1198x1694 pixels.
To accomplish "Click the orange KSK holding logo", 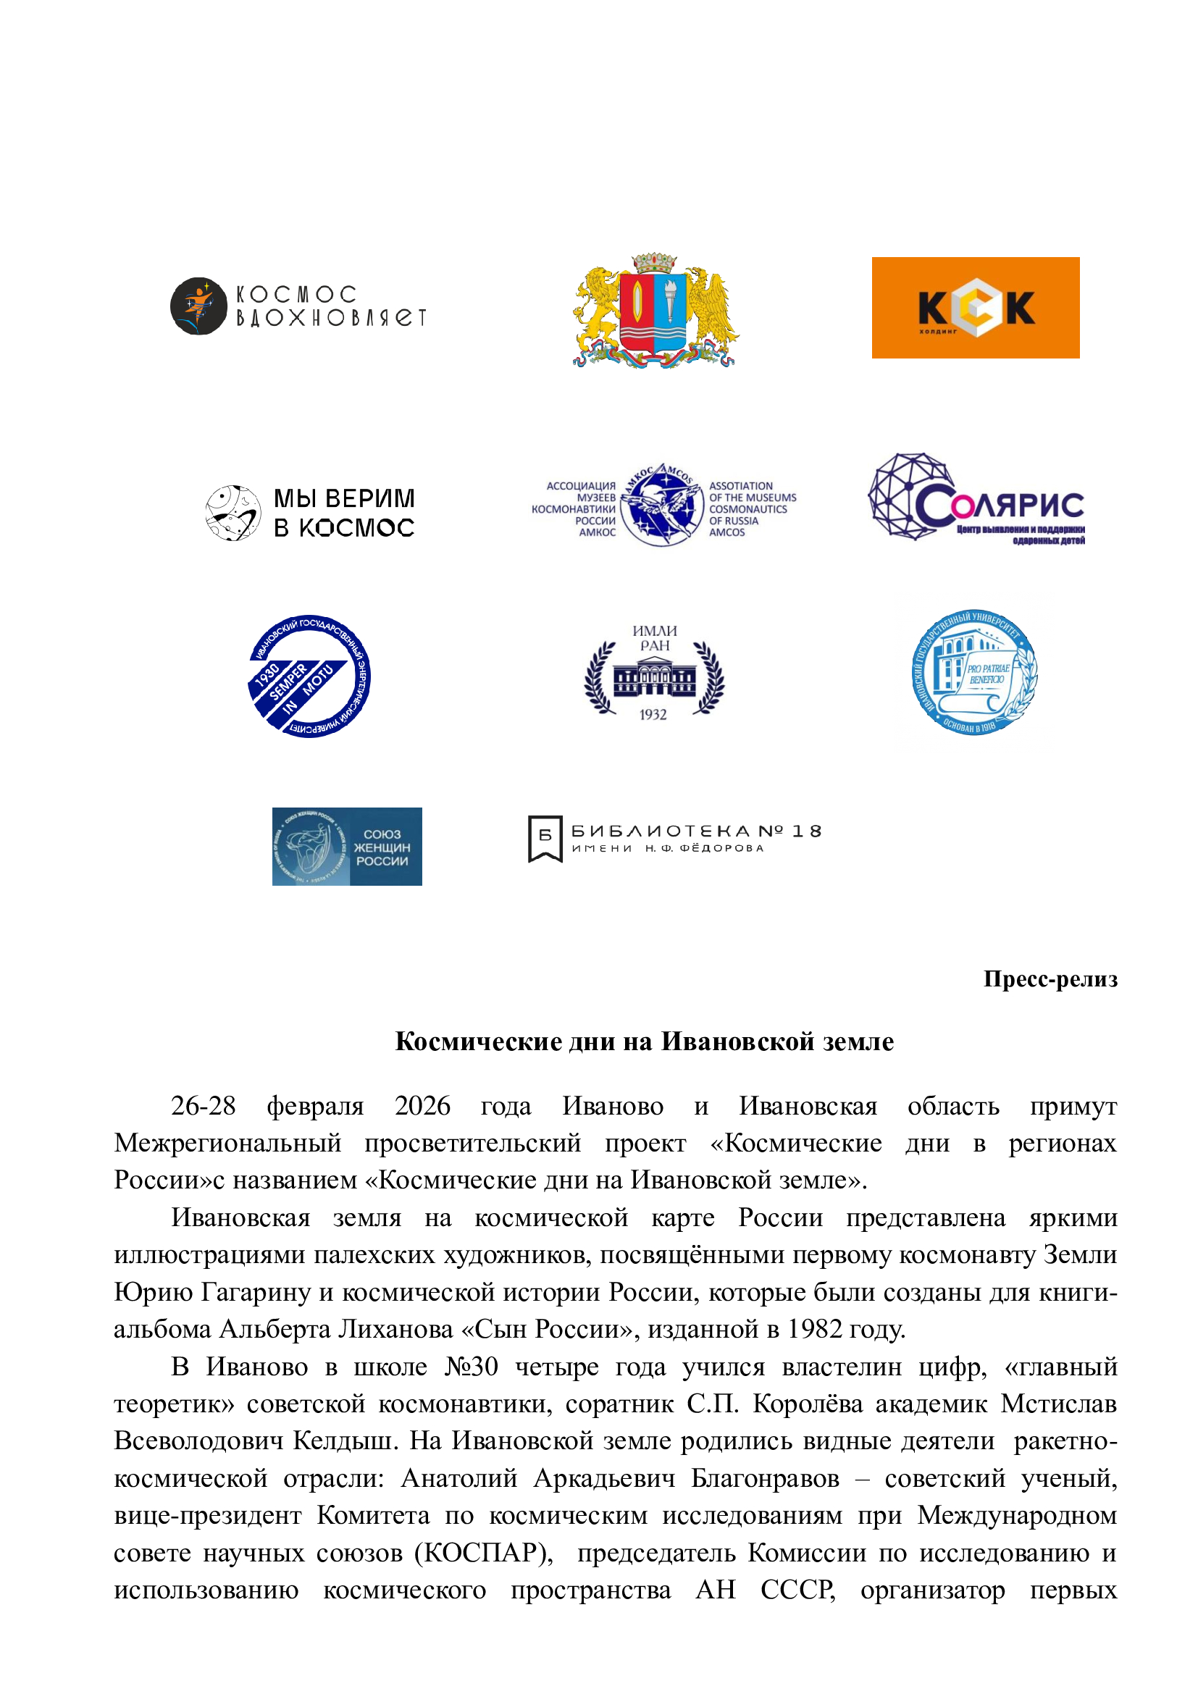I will coord(974,308).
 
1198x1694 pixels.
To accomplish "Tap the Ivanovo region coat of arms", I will coord(655,311).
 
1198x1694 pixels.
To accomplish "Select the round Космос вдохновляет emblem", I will coord(198,306).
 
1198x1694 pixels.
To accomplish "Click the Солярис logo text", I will coord(999,505).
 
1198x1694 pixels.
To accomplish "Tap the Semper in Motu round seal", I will coord(309,676).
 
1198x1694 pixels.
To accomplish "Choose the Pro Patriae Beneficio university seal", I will coord(973,672).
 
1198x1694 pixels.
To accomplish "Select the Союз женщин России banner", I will coord(347,846).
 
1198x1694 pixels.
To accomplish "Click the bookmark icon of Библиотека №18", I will coord(545,838).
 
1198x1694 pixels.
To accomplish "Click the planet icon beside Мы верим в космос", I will coord(233,513).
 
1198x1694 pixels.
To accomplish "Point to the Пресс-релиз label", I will coord(1050,979).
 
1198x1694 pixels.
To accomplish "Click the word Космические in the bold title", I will coord(478,1041).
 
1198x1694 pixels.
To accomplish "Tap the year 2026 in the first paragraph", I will coord(422,1106).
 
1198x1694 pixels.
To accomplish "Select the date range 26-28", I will coord(203,1106).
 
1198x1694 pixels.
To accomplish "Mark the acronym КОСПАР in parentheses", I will coord(483,1552).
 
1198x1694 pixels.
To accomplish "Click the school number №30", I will coord(472,1367).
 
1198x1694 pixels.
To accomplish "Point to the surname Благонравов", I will coord(765,1478).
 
